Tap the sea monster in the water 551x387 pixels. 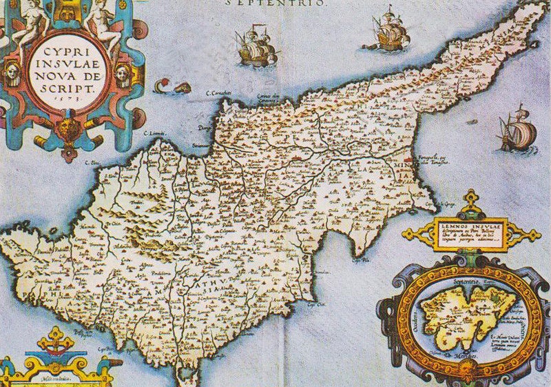pyautogui.click(x=172, y=88)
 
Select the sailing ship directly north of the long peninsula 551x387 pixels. pyautogui.click(x=390, y=29)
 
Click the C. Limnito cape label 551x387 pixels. pyautogui.click(x=152, y=132)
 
